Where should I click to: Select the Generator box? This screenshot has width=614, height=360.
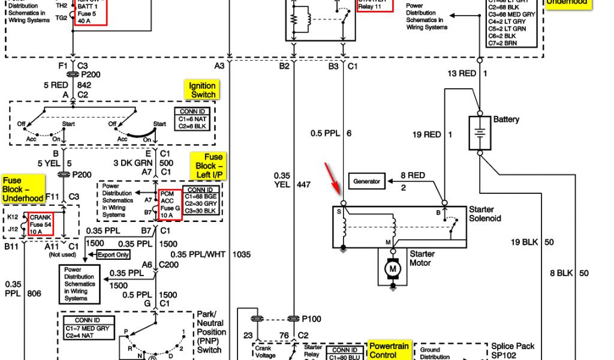pos(366,181)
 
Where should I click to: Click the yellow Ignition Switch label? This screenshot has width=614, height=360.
pos(203,91)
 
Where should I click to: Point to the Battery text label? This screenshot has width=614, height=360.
pos(506,119)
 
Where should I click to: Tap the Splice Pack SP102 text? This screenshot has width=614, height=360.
pos(513,350)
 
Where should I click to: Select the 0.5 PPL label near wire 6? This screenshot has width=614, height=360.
pos(325,133)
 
